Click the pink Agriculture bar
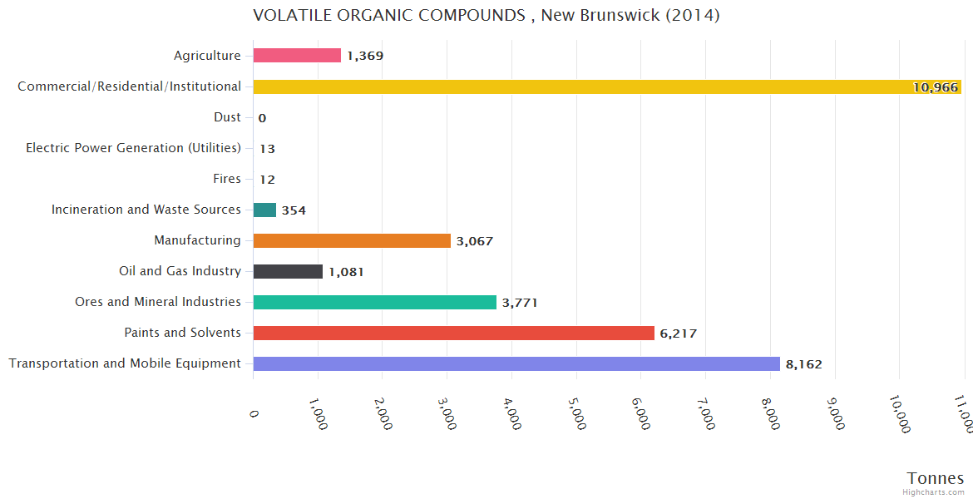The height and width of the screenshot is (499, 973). [297, 56]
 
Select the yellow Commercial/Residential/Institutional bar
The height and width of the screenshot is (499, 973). [607, 86]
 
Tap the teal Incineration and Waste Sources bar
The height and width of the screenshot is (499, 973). [264, 210]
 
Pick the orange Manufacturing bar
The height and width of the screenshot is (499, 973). [352, 241]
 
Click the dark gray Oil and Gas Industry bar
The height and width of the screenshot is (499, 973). [288, 272]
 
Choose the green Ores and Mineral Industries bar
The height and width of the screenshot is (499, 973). [374, 303]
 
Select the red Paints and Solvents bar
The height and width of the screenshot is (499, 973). [453, 333]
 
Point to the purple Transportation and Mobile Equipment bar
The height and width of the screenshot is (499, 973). [516, 364]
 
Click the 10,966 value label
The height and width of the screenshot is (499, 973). [935, 87]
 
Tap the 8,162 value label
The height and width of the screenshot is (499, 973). [803, 364]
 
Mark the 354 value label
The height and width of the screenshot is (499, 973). [294, 210]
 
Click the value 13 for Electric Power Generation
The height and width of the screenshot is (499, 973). [267, 149]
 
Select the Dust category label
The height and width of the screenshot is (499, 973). [227, 117]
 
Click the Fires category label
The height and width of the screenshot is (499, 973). [227, 179]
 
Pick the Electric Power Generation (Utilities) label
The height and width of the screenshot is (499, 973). [133, 148]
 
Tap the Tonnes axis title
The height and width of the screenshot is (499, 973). [935, 478]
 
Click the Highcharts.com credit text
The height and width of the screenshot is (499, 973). [934, 492]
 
